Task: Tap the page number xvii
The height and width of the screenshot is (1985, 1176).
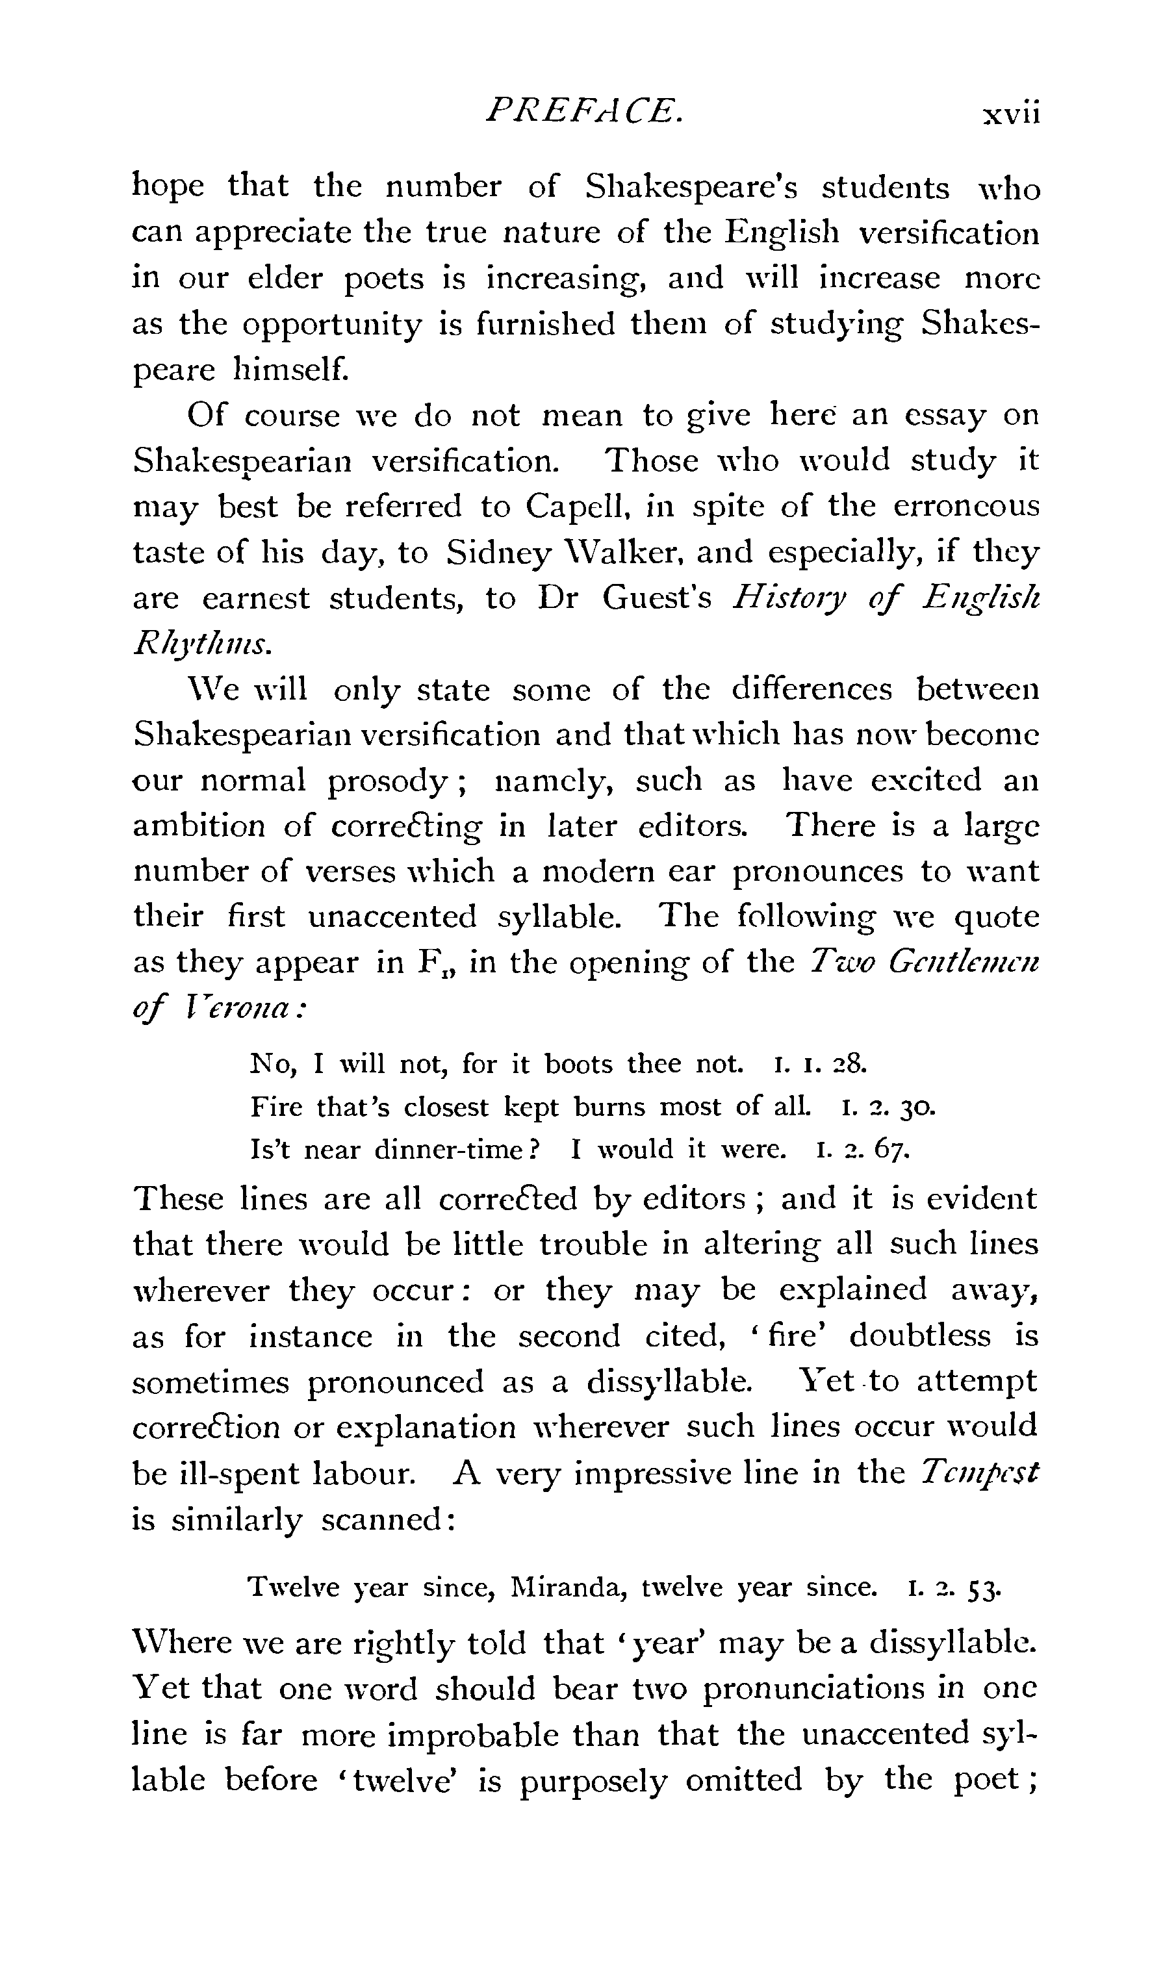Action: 1010,114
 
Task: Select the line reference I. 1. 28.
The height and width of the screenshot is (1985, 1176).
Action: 820,1064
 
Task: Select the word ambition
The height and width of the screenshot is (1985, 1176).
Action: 199,826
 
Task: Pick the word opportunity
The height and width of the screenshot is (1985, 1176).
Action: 332,325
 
